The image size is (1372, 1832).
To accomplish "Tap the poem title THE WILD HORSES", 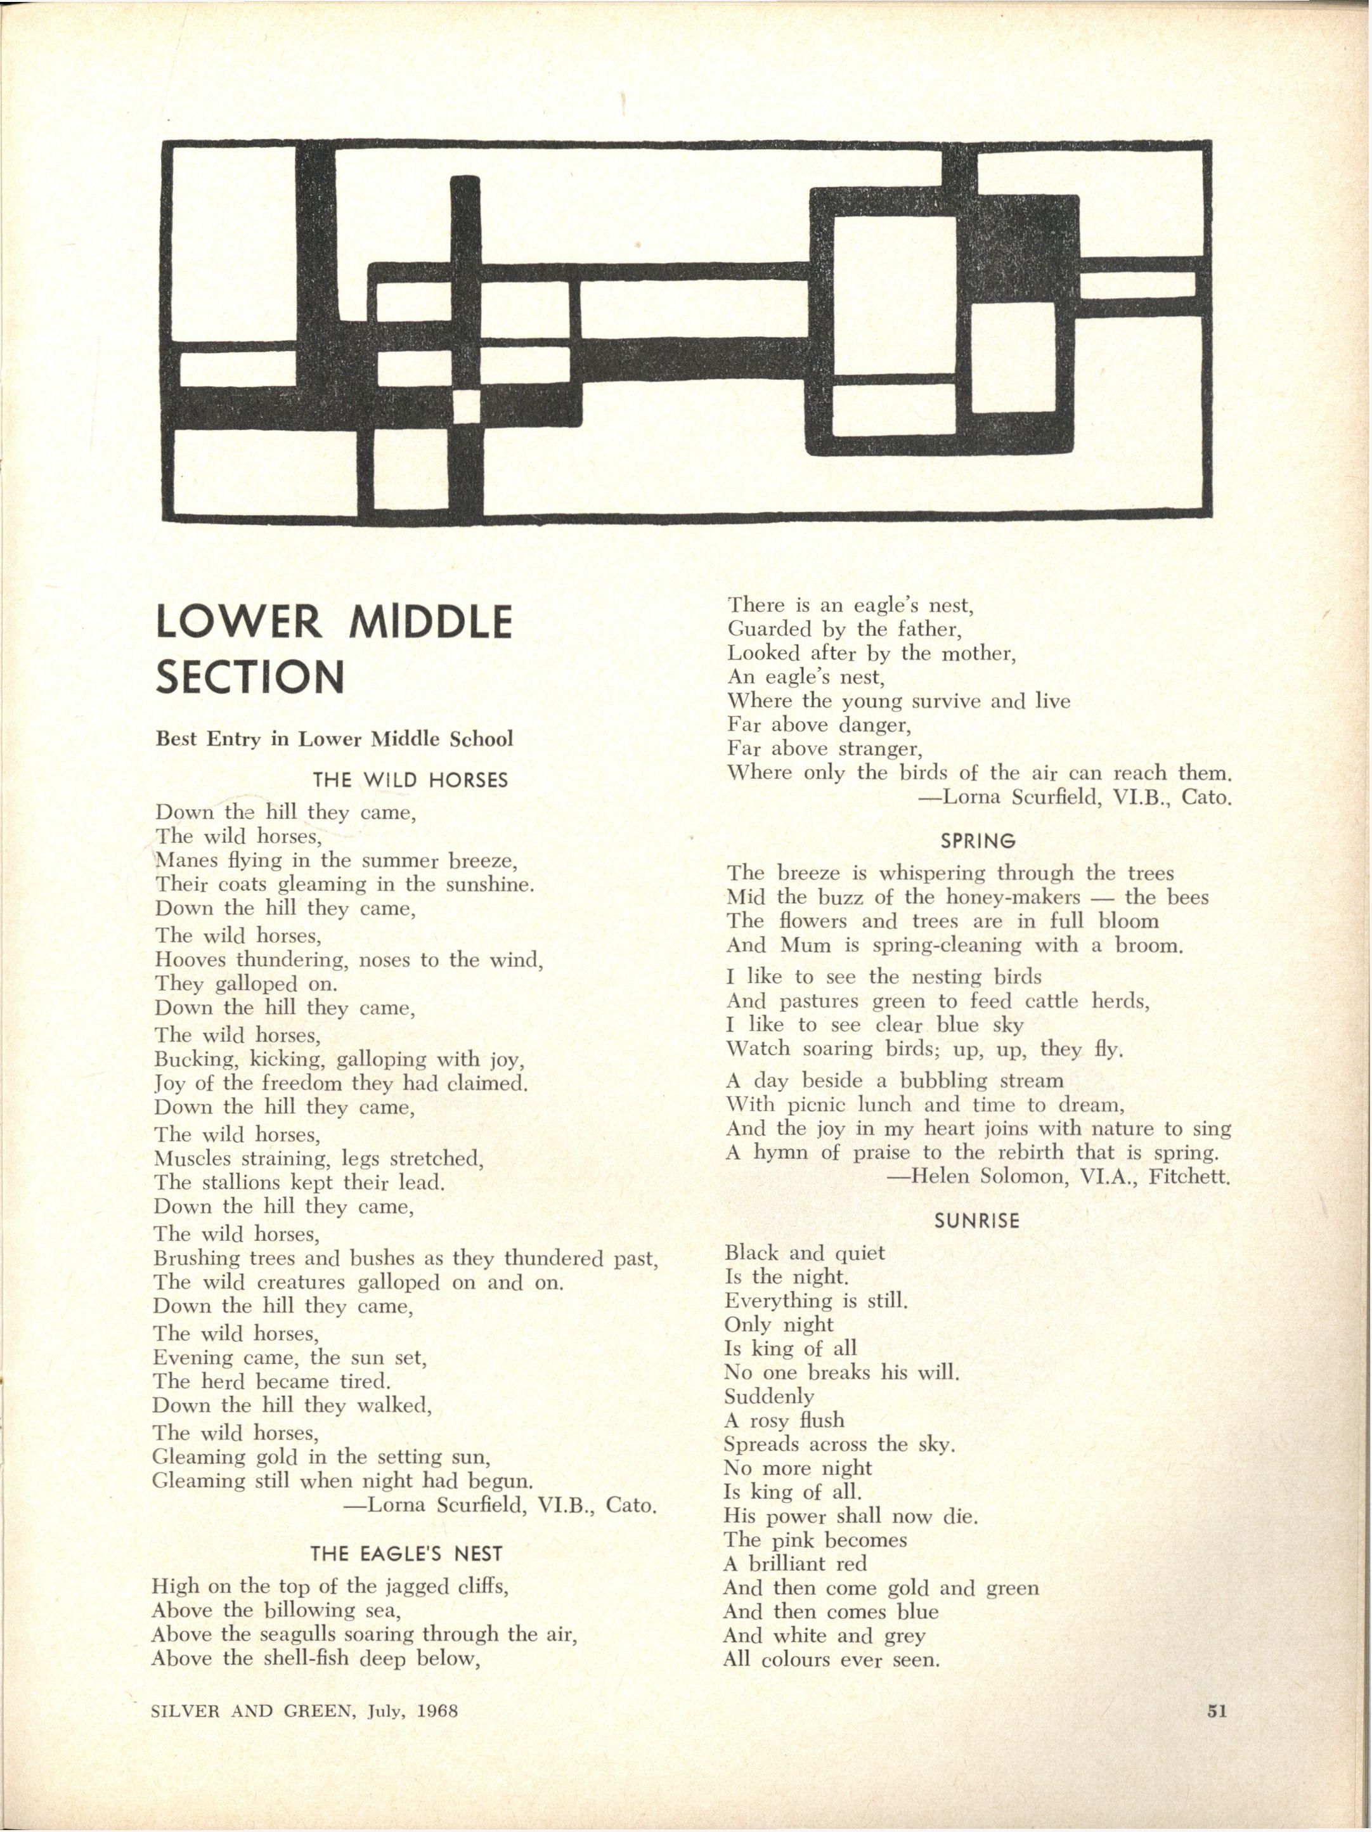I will pos(410,780).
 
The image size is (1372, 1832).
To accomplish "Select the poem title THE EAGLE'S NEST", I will pos(406,1554).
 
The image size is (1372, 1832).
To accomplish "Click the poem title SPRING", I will pos(978,841).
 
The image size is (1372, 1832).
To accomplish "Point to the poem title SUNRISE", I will pos(977,1221).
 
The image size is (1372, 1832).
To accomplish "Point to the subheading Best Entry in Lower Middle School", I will pos(335,739).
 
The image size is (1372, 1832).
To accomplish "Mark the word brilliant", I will pos(800,1564).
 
